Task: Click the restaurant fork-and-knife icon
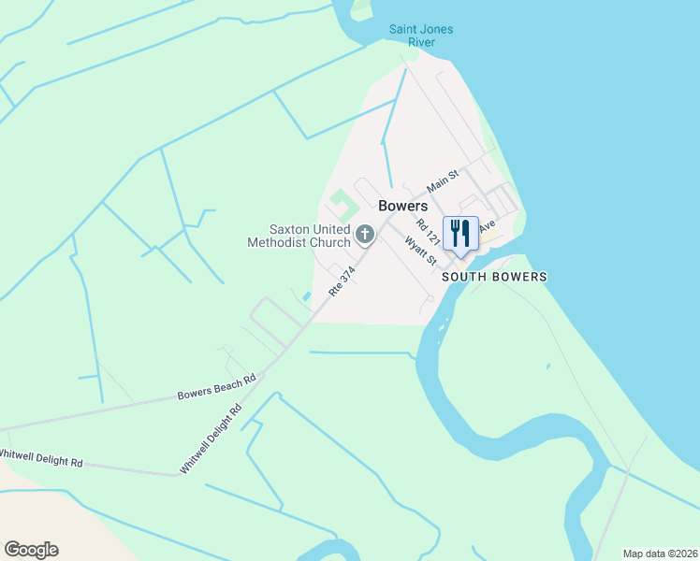click(x=459, y=233)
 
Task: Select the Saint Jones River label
click(x=421, y=36)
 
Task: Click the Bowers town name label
click(x=403, y=206)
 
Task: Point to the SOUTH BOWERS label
click(x=493, y=277)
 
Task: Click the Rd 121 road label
click(x=429, y=231)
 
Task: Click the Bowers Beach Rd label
click(x=216, y=388)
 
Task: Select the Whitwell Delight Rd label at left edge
click(x=42, y=457)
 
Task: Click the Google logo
click(x=31, y=550)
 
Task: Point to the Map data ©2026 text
click(x=660, y=554)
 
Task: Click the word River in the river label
click(x=421, y=43)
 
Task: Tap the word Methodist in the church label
click(x=278, y=243)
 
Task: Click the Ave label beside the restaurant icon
click(x=487, y=226)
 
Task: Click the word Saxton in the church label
click(x=291, y=229)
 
